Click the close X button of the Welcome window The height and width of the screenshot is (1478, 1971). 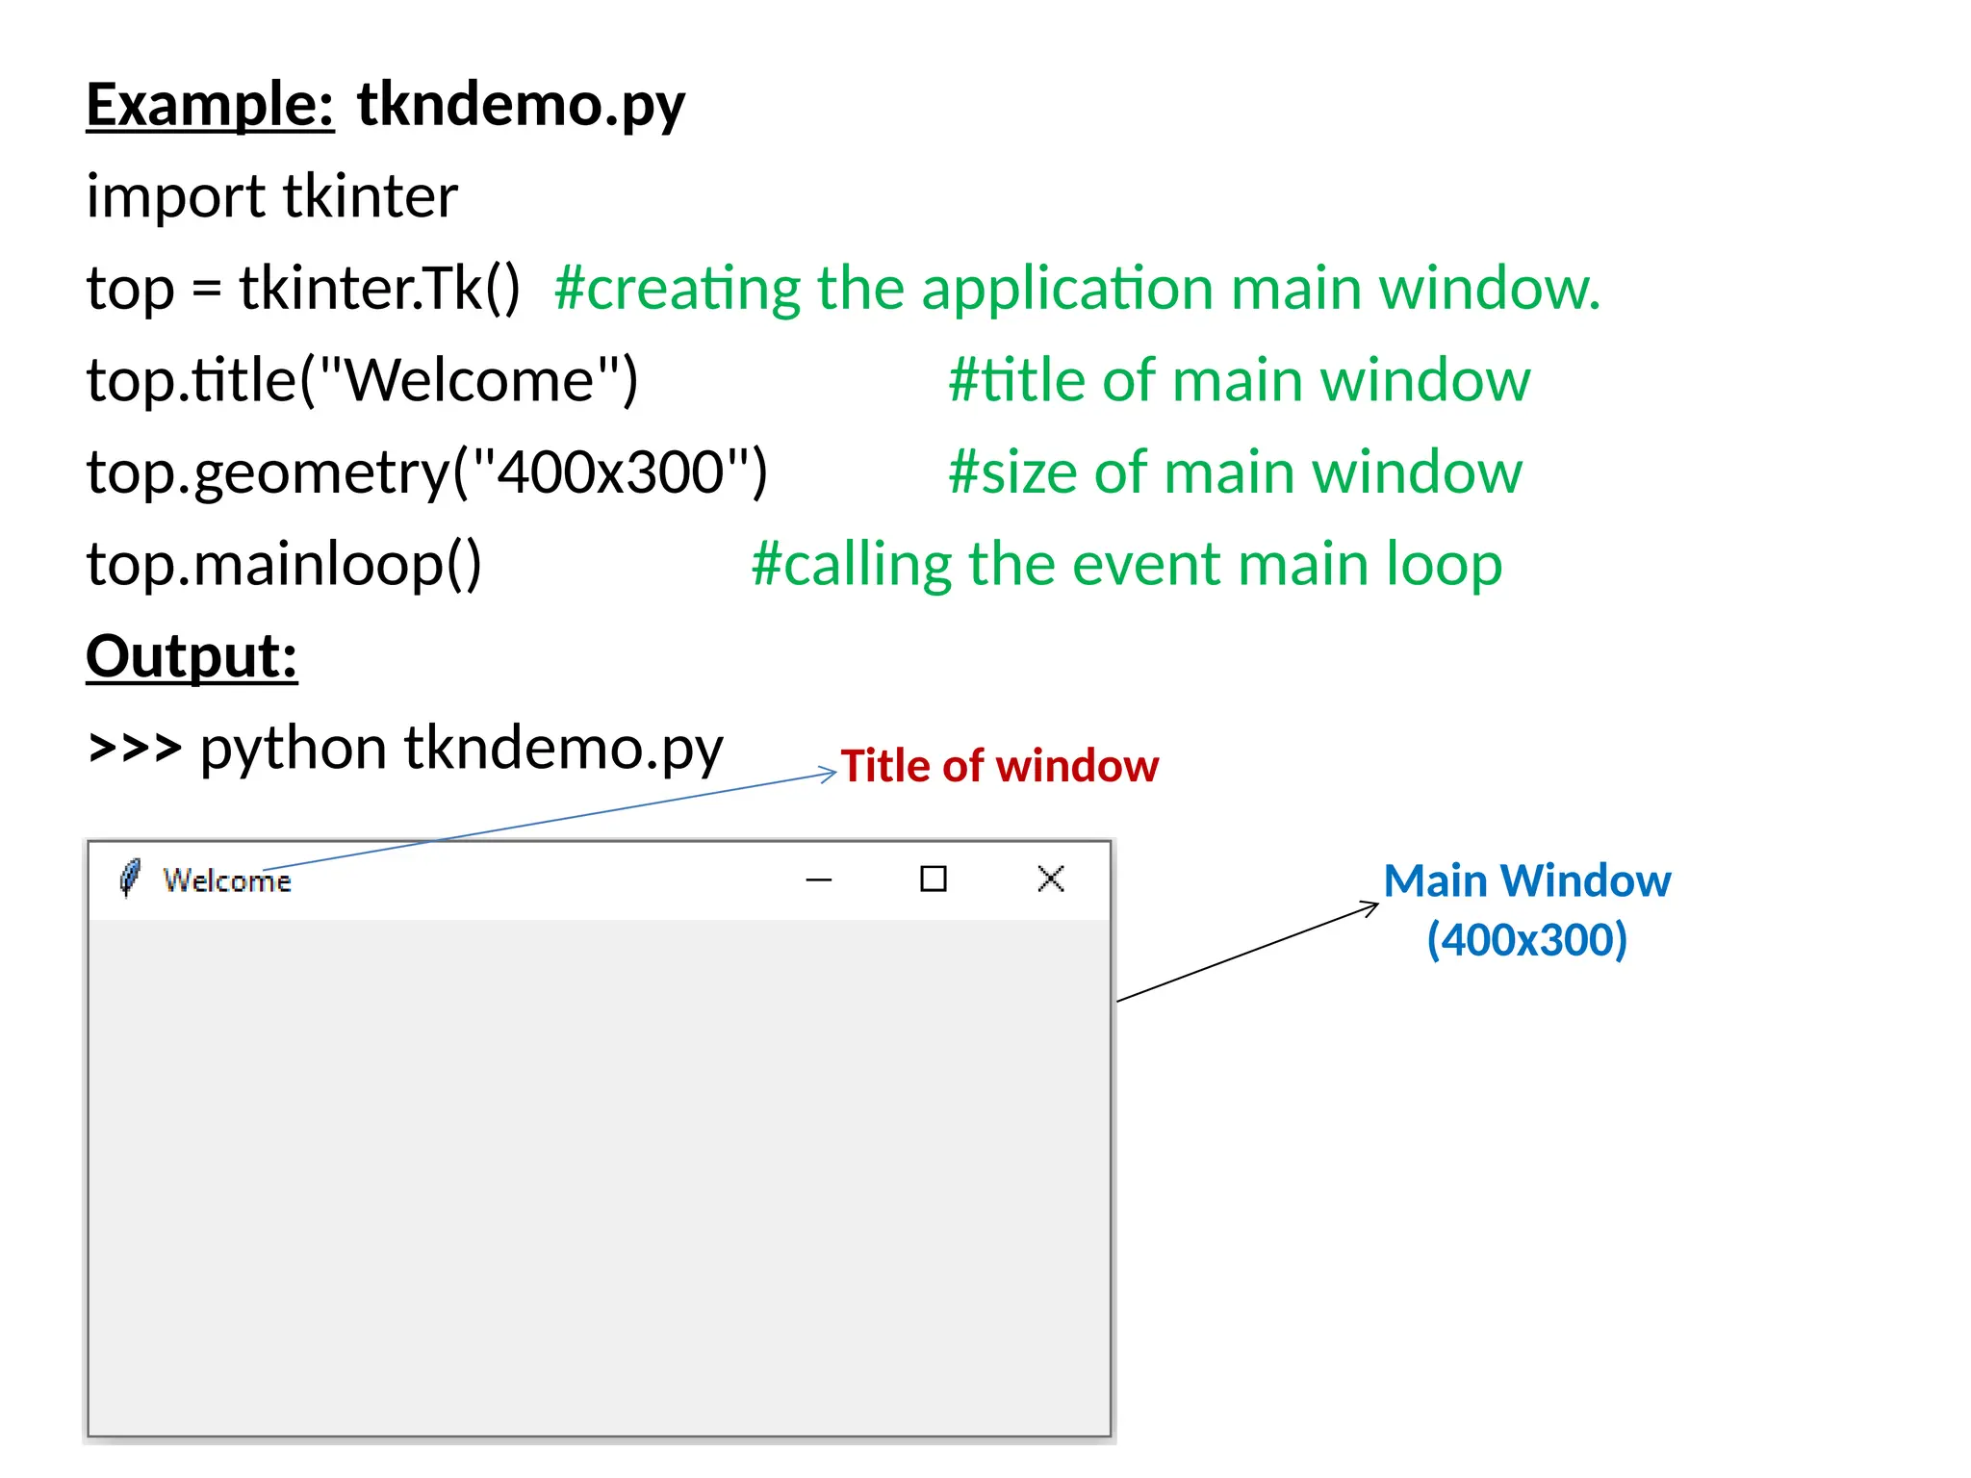(1051, 879)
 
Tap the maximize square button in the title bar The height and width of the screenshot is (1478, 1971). (933, 879)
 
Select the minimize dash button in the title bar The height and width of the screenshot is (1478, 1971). (818, 879)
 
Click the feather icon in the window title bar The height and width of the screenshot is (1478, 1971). (129, 878)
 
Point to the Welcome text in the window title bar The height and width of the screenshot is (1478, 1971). (226, 880)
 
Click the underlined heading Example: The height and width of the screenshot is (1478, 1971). (210, 104)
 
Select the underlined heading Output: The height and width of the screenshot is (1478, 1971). (192, 656)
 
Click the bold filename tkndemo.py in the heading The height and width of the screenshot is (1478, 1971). (521, 104)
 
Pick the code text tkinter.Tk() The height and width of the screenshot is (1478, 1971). (379, 288)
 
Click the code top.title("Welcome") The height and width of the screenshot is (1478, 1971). (362, 380)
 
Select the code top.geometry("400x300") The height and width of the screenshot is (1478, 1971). (426, 472)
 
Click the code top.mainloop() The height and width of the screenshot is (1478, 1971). (284, 564)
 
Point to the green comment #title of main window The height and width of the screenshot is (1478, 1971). (1239, 380)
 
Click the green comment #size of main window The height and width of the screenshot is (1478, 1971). (1235, 472)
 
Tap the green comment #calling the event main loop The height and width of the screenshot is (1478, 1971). (1126, 564)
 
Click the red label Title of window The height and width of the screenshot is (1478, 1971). (999, 766)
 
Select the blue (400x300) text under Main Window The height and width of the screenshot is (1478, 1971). (1526, 939)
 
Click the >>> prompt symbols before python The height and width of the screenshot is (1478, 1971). (134, 748)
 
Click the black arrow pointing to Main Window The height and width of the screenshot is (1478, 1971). (1247, 952)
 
